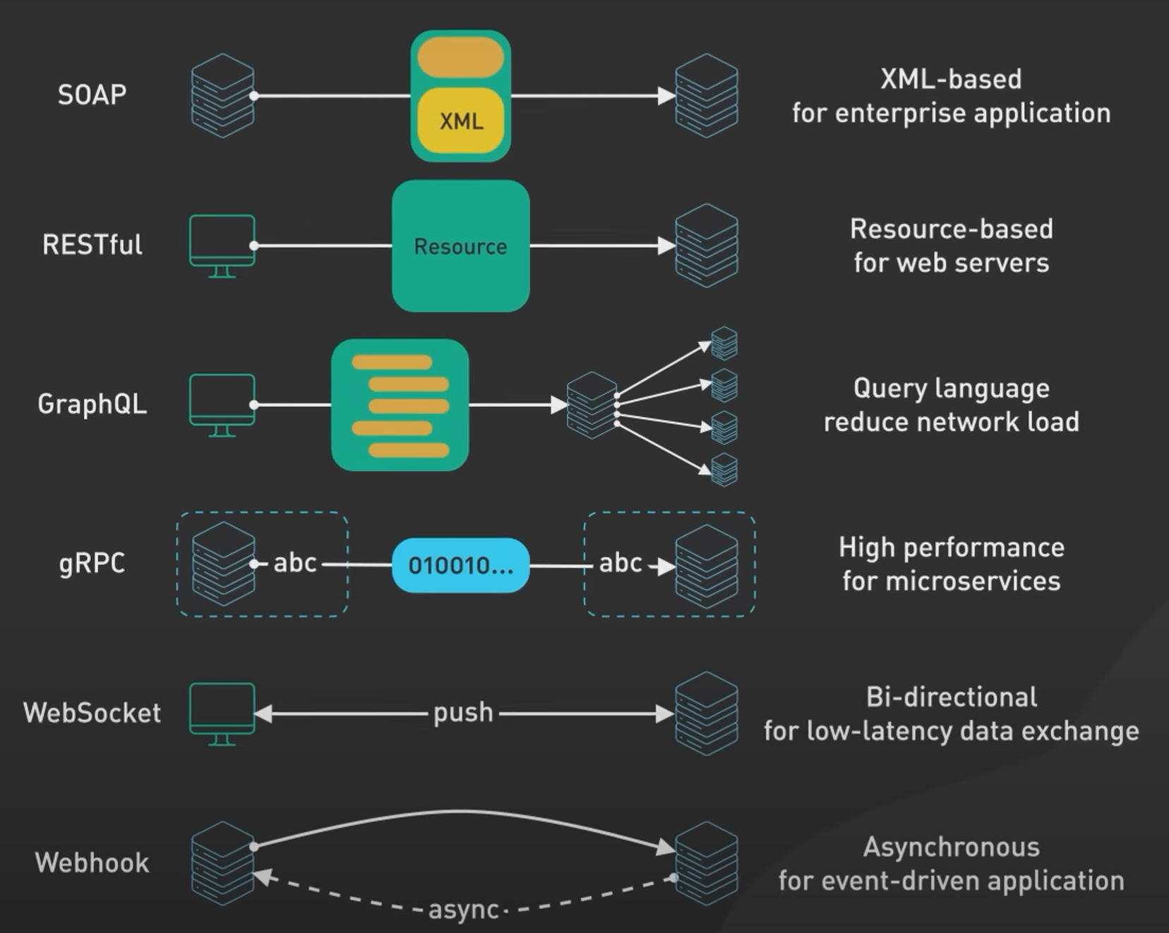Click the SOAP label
pyautogui.click(x=92, y=95)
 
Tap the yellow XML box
pyautogui.click(x=461, y=121)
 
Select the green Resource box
pyautogui.click(x=460, y=246)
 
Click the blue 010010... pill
pyautogui.click(x=460, y=565)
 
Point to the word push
pyautogui.click(x=463, y=713)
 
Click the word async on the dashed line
pyautogui.click(x=464, y=910)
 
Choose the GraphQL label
pyautogui.click(x=92, y=404)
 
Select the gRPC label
pyautogui.click(x=92, y=563)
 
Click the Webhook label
pyautogui.click(x=92, y=862)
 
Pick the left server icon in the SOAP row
pyautogui.click(x=222, y=95)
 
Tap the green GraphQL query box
pyautogui.click(x=400, y=404)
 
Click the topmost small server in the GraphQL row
pyautogui.click(x=724, y=343)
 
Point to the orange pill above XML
pyautogui.click(x=460, y=58)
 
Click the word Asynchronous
pyautogui.click(x=951, y=847)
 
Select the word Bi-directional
pyautogui.click(x=951, y=697)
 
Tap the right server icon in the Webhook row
pyautogui.click(x=707, y=862)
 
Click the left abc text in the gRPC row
pyautogui.click(x=294, y=563)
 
